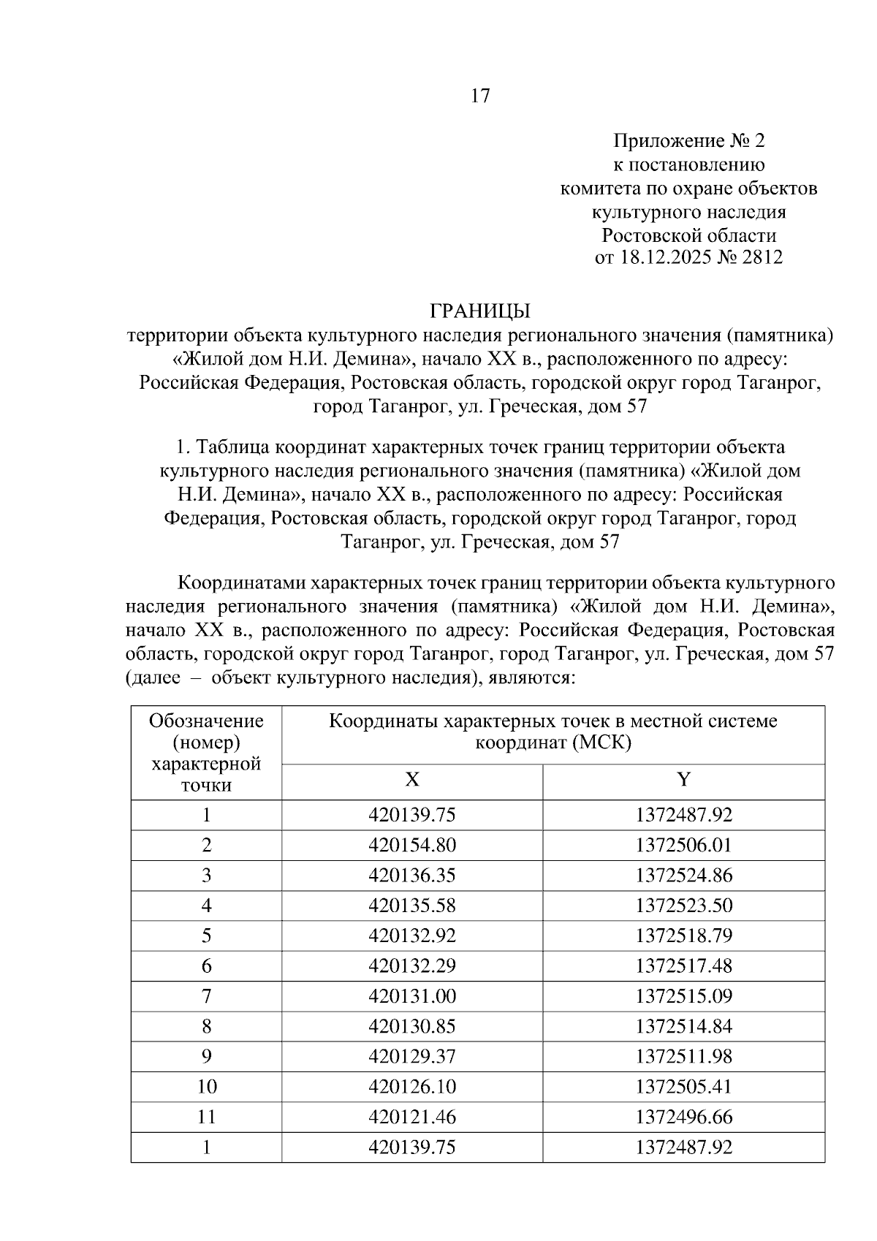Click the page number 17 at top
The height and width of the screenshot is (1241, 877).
tap(480, 96)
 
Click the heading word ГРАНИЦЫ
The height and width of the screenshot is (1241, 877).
tap(479, 311)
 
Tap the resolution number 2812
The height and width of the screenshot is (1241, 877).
tap(762, 257)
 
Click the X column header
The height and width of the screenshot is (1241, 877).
tap(412, 780)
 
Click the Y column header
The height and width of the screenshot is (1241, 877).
tap(683, 780)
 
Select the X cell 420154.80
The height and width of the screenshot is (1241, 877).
tap(412, 846)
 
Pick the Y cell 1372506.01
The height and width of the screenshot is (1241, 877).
tap(683, 846)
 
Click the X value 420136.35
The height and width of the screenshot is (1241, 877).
tap(412, 876)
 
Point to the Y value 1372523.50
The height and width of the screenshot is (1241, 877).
tap(683, 906)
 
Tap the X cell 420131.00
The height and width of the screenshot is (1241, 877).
tap(412, 996)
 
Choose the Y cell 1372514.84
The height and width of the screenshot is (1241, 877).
tap(683, 1026)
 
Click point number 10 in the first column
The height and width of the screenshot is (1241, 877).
tap(207, 1087)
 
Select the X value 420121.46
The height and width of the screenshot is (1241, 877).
tap(412, 1117)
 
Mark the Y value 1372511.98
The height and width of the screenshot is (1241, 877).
tap(683, 1056)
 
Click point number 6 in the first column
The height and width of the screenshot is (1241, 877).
tap(207, 966)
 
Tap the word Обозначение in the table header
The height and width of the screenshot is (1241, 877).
tap(206, 721)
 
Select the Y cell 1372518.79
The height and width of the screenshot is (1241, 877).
tap(683, 936)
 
